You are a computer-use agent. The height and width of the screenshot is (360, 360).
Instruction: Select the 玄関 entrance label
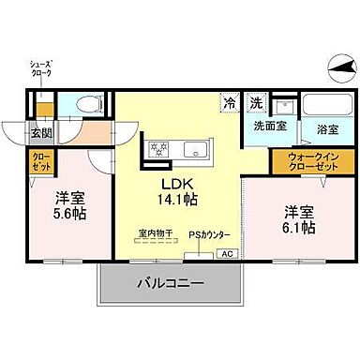pos(40,133)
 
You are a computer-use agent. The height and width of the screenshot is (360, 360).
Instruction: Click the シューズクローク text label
pos(40,68)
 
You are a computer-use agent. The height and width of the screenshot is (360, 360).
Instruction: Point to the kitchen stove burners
pos(157,147)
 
